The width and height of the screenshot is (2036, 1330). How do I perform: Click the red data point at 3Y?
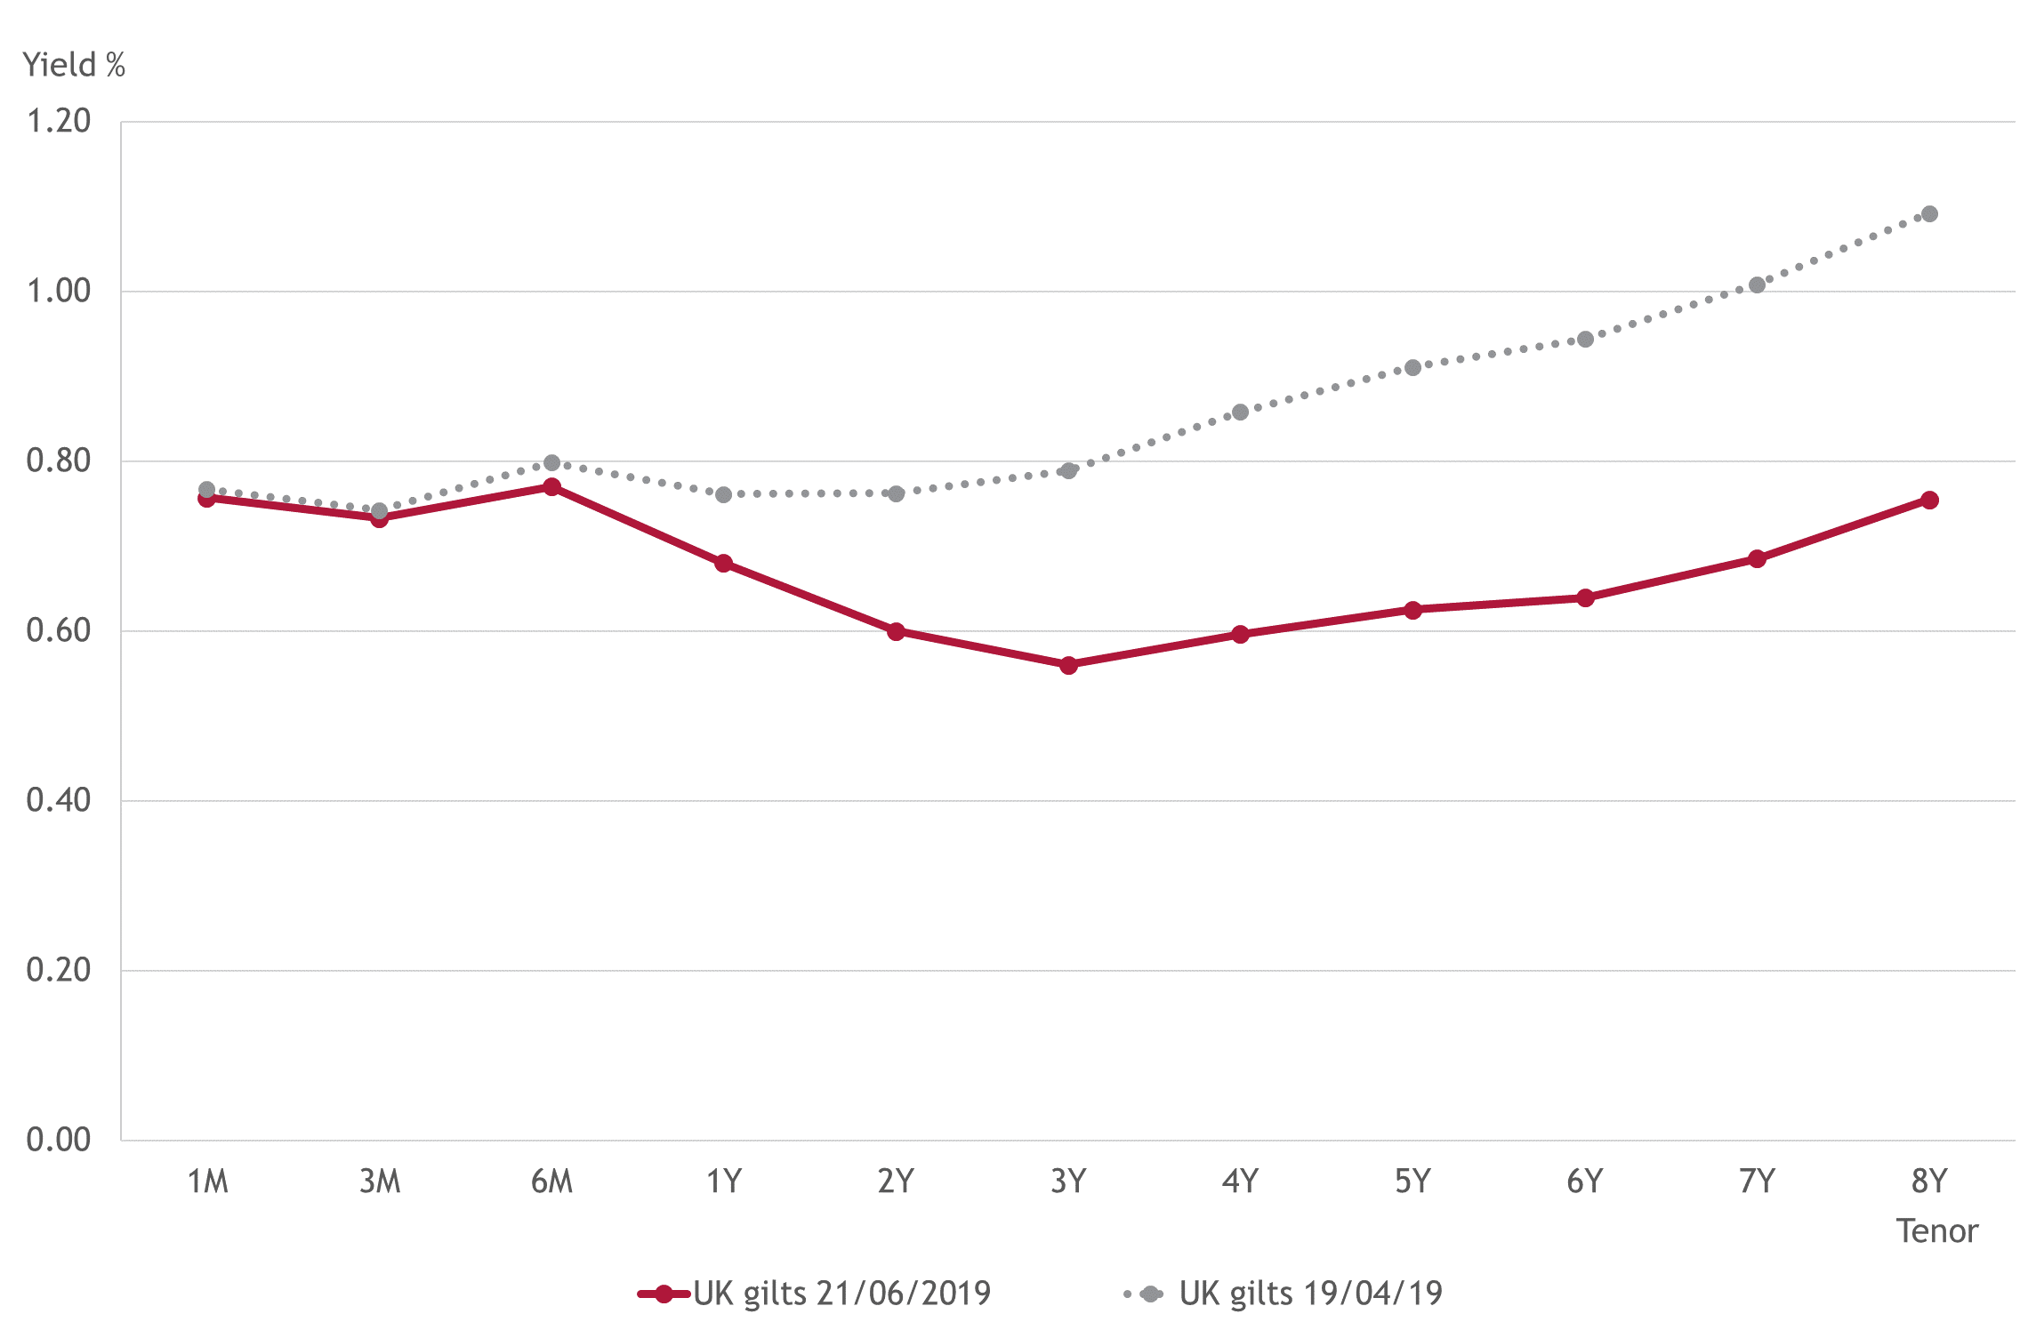1068,665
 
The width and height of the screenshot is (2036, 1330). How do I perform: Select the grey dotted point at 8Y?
1929,214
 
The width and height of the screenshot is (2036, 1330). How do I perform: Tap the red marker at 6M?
551,487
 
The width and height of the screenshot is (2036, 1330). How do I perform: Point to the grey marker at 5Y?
1412,368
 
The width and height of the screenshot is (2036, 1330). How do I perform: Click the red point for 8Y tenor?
1929,501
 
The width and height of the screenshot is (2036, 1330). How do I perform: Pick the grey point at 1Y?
723,494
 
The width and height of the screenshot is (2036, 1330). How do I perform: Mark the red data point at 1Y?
723,563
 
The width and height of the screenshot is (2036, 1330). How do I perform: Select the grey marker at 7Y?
1757,285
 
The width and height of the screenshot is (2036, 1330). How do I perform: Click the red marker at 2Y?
896,631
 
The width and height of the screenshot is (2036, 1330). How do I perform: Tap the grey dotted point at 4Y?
1240,413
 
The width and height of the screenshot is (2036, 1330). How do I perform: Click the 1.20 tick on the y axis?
59,121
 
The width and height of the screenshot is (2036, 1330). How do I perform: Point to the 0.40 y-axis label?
59,800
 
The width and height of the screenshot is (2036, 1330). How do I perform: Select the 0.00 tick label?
59,1140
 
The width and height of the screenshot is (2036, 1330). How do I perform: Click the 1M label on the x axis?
207,1182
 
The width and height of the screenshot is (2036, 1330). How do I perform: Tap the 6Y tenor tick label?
1584,1182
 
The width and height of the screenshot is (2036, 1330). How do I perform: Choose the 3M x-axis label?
380,1182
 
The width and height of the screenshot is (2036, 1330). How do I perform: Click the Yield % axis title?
74,65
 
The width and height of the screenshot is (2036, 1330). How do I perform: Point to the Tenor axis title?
1936,1231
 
